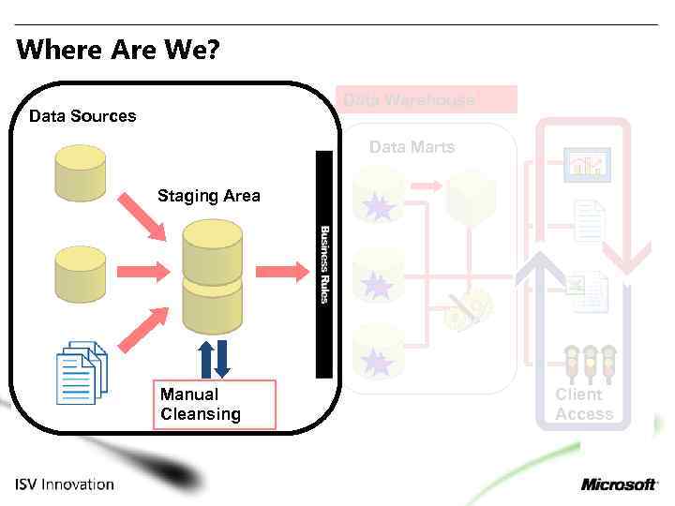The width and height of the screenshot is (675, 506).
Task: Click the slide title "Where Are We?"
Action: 118,49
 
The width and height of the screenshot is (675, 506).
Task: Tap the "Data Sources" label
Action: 82,116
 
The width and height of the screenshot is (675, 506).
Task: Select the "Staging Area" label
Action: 208,196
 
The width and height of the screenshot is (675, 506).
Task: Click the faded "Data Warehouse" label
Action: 410,99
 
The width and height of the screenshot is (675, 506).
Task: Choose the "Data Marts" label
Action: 412,147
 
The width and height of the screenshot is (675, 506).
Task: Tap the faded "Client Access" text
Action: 583,404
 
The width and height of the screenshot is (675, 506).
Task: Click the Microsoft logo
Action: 619,484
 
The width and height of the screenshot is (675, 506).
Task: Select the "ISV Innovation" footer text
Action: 65,484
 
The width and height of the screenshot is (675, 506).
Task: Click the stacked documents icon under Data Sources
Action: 82,372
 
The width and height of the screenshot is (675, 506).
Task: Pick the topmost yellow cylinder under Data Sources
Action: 80,172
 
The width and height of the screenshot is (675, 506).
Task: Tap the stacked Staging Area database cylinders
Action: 212,275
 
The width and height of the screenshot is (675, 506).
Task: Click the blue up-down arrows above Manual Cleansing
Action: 214,359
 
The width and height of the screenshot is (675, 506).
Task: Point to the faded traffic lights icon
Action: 589,363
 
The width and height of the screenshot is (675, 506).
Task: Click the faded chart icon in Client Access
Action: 587,166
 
